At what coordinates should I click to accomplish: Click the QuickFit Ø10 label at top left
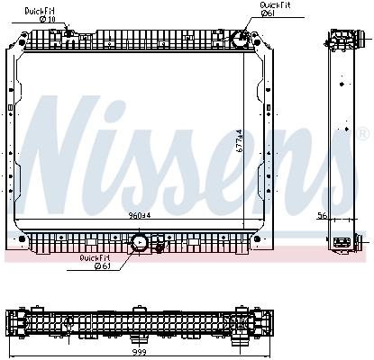tap(41, 14)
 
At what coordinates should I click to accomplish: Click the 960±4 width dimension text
tap(140, 216)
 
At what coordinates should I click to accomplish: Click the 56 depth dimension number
tap(322, 215)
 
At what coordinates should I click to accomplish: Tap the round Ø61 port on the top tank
tap(239, 40)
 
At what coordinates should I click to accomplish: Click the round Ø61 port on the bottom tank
tap(139, 243)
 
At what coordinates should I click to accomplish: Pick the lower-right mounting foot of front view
tap(263, 241)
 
